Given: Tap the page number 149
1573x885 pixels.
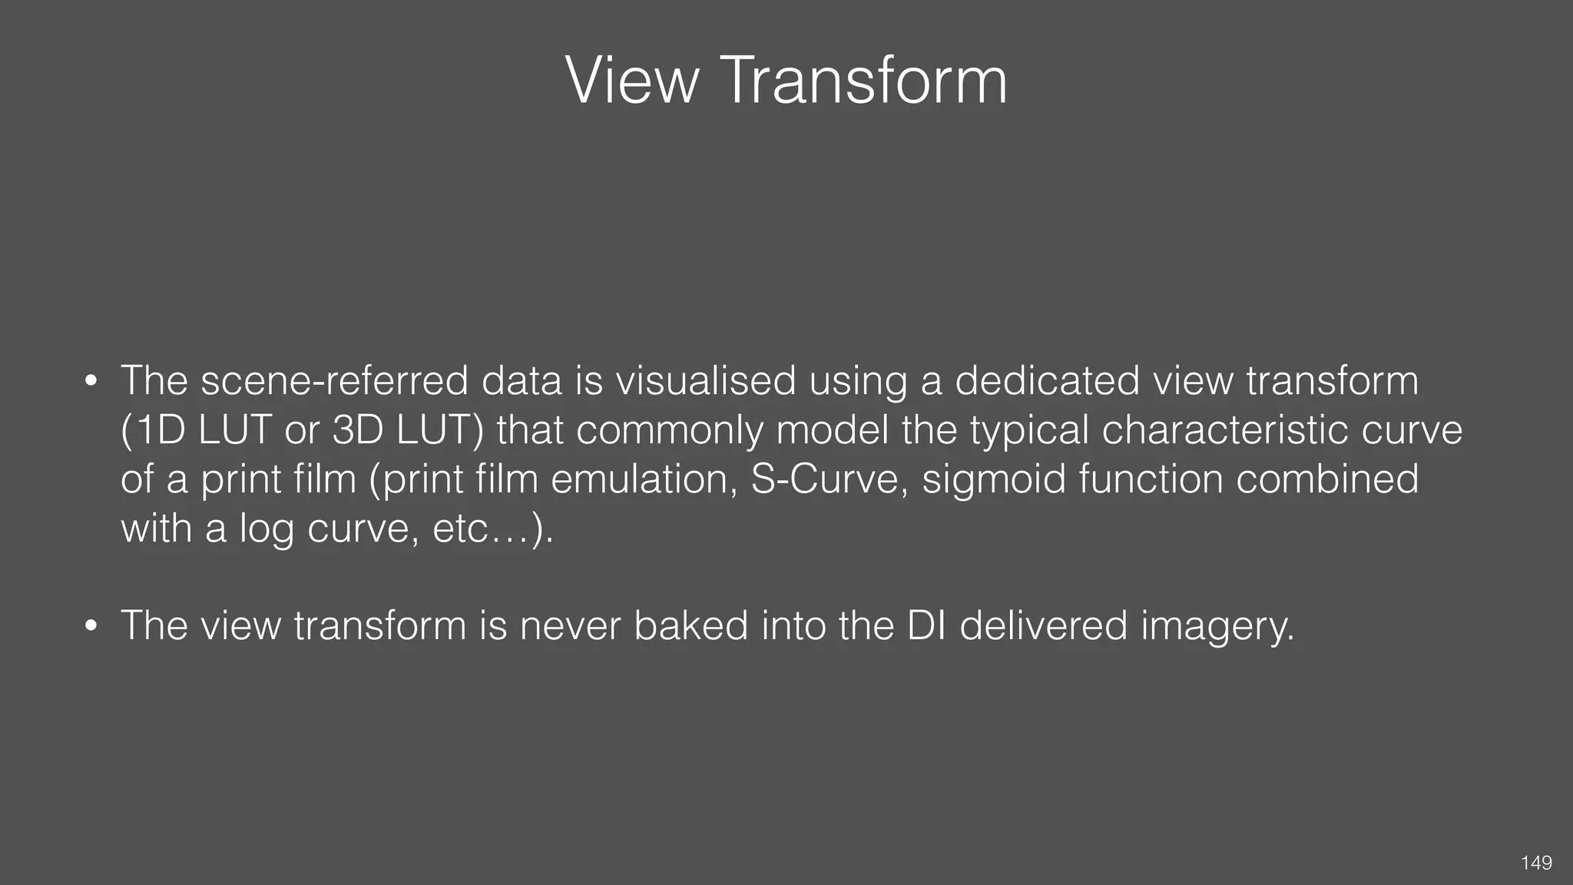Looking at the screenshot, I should click(x=1536, y=863).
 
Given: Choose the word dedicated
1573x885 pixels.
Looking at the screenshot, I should click(x=1047, y=380).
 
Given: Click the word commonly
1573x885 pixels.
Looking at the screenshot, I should click(x=669, y=431).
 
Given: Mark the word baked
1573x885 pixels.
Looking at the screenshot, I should click(x=690, y=625).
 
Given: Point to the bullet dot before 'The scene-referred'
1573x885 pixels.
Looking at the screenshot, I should click(x=91, y=381).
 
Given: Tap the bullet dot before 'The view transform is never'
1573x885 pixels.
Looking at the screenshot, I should click(x=91, y=626).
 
